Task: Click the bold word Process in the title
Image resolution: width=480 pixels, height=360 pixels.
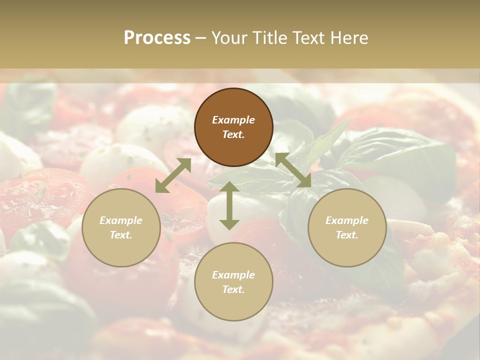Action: tap(157, 38)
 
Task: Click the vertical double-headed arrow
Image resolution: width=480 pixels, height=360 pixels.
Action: tap(229, 205)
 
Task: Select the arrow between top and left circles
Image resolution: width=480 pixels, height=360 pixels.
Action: tap(173, 175)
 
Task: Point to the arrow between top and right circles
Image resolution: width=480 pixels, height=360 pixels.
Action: tap(293, 170)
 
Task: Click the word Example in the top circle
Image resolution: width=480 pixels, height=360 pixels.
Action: tap(233, 120)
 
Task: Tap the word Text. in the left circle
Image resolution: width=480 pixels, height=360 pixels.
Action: tap(121, 235)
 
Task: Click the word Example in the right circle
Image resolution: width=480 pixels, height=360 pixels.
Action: tap(347, 220)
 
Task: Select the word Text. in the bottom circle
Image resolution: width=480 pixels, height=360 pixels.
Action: tap(233, 289)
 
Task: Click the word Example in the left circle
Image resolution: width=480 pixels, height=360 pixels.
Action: tap(121, 220)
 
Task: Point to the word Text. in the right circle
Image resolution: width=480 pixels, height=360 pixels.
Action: tap(347, 235)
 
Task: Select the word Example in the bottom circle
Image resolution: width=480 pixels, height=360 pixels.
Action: tap(233, 275)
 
